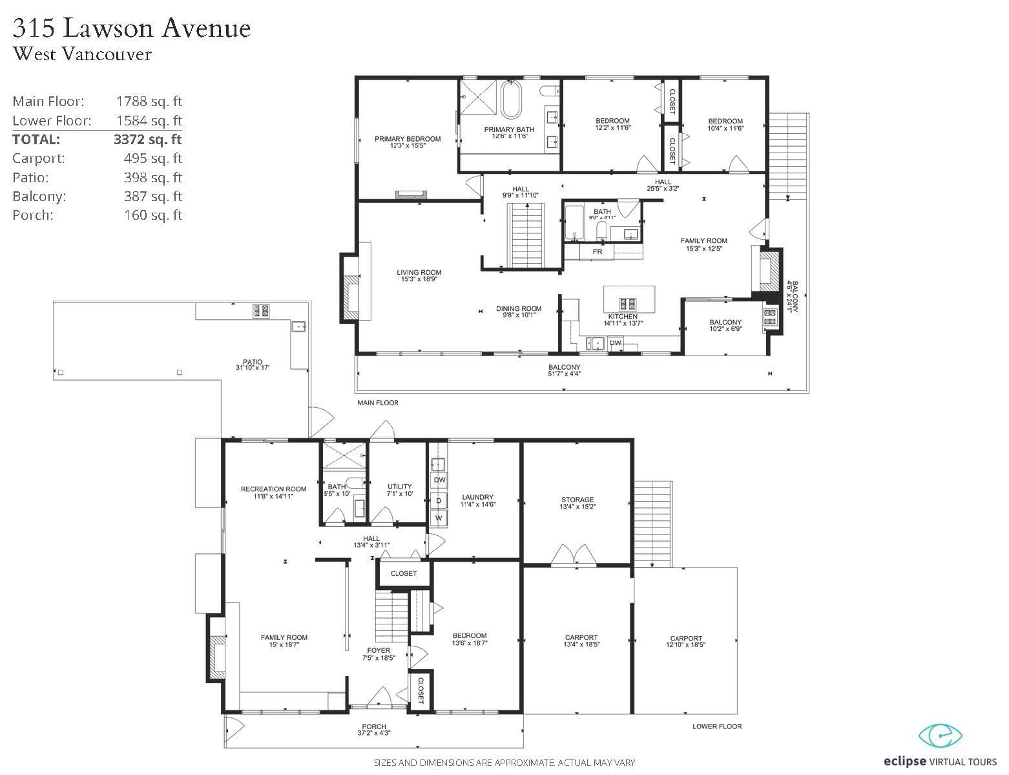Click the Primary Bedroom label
tap(407, 138)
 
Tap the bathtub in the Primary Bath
tap(511, 99)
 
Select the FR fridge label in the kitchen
tap(597, 251)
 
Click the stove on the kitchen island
tap(628, 304)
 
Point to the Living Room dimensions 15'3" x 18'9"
tap(419, 279)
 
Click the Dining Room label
tap(519, 308)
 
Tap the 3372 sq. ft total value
tap(148, 140)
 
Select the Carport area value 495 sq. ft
tap(152, 158)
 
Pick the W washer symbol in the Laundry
tap(439, 518)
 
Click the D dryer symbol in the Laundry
tap(439, 500)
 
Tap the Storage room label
tap(577, 500)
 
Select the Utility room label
tap(399, 487)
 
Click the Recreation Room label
tap(273, 489)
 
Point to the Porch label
tap(374, 727)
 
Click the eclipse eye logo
tap(941, 736)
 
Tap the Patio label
tap(253, 361)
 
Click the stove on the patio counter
tap(261, 311)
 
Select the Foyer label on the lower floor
tap(379, 650)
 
